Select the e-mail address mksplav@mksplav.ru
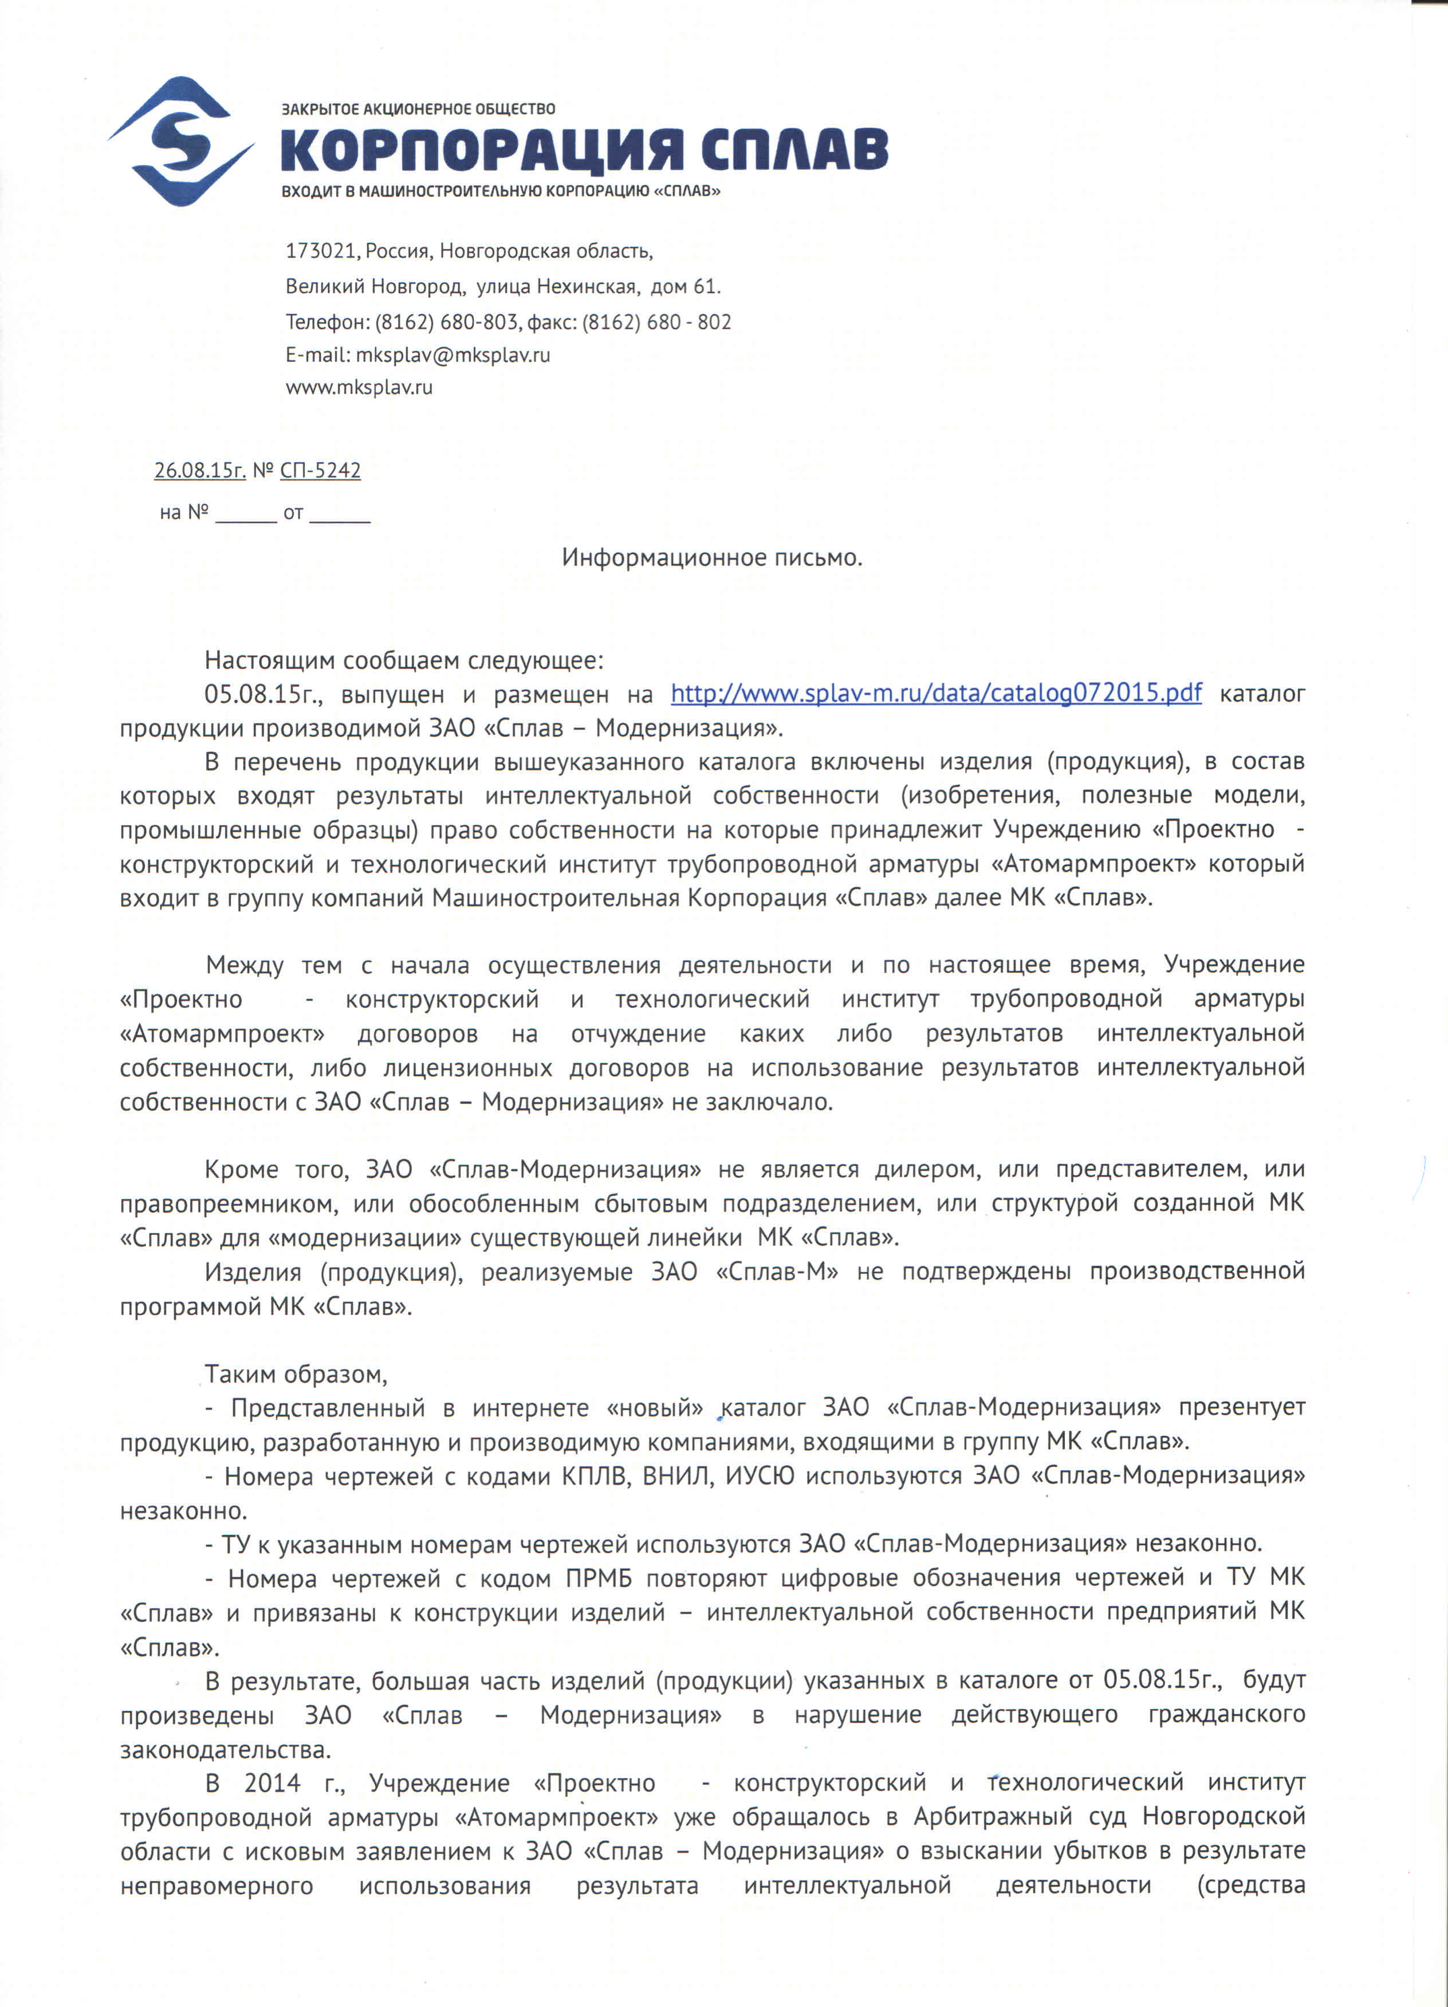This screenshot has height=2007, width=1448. (453, 355)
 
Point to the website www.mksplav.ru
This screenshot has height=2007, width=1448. (359, 387)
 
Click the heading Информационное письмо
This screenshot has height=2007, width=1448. (711, 557)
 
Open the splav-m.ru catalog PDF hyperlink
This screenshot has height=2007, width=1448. (935, 693)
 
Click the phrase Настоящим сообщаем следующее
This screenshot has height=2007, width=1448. (404, 660)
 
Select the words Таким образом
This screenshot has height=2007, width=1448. (296, 1374)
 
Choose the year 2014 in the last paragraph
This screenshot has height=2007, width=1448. (271, 1783)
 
